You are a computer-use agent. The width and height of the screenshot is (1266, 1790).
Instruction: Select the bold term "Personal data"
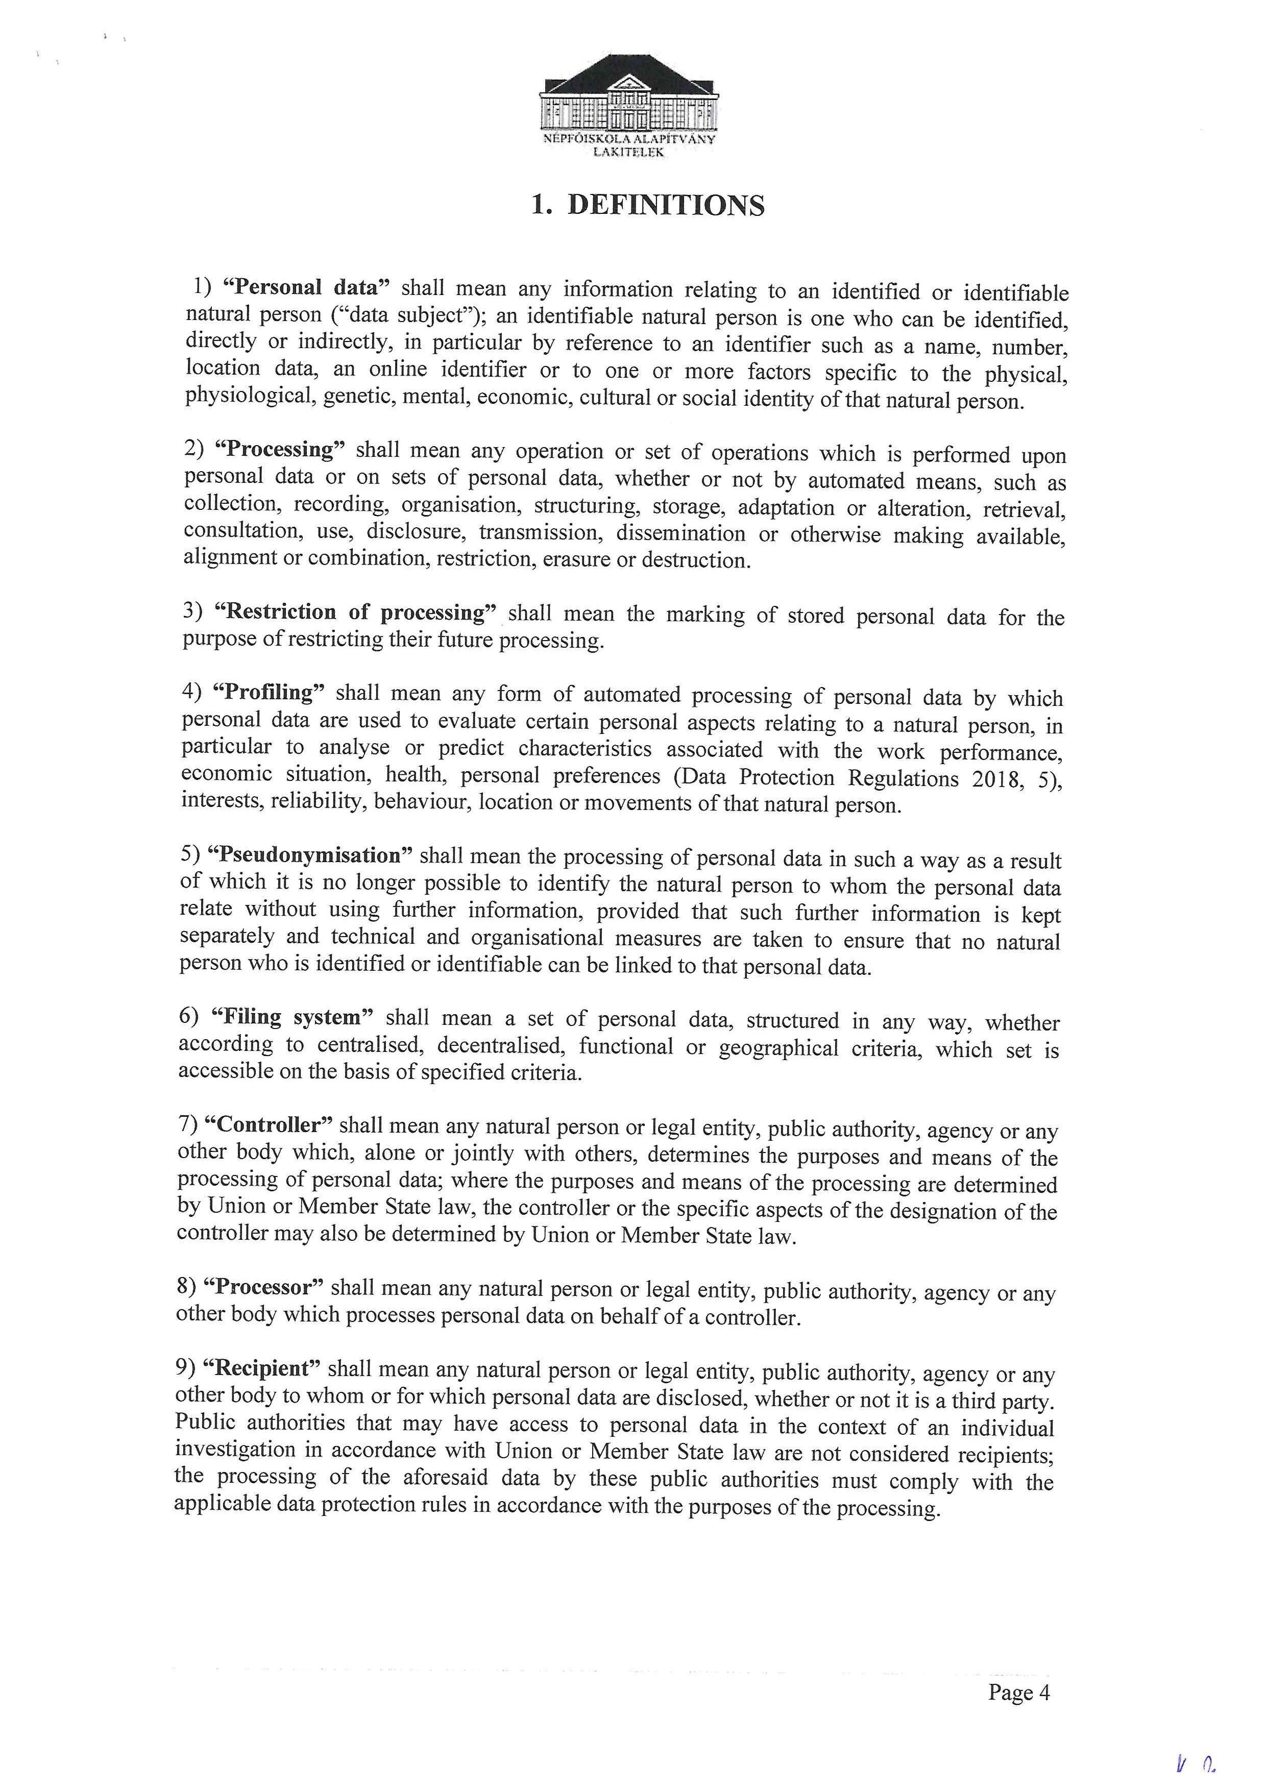306,288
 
